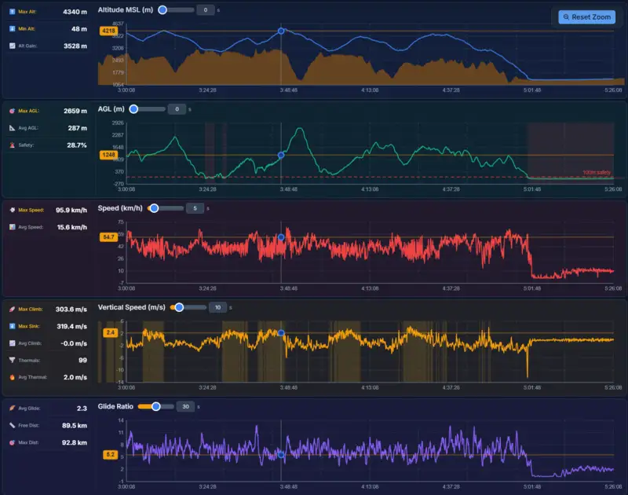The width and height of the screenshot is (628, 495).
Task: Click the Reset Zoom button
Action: pyautogui.click(x=587, y=16)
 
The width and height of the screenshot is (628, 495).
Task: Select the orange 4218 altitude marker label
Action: pyautogui.click(x=108, y=31)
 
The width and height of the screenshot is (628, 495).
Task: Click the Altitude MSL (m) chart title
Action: pyautogui.click(x=125, y=10)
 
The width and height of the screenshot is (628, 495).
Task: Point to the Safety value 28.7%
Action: pyautogui.click(x=76, y=145)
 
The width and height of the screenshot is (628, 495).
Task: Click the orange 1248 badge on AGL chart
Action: pyautogui.click(x=108, y=155)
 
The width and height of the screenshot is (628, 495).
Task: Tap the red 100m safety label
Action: pyautogui.click(x=597, y=173)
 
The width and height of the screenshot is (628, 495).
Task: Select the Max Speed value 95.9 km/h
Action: pyautogui.click(x=71, y=210)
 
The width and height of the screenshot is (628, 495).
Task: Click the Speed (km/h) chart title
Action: pyautogui.click(x=119, y=208)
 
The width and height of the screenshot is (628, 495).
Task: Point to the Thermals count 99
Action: pyautogui.click(x=82, y=360)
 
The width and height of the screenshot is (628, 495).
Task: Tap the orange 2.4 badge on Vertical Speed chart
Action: pyautogui.click(x=110, y=332)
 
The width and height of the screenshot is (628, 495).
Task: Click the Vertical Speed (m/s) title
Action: pyautogui.click(x=131, y=307)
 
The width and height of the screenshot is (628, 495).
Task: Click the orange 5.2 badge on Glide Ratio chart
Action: pyautogui.click(x=110, y=454)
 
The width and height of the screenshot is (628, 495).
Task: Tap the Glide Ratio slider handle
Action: pyautogui.click(x=155, y=406)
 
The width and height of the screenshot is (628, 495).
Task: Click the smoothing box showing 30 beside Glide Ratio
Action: pyautogui.click(x=185, y=406)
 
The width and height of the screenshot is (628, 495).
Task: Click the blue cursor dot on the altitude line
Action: pyautogui.click(x=281, y=31)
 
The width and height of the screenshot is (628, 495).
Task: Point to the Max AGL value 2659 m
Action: pyautogui.click(x=75, y=111)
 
